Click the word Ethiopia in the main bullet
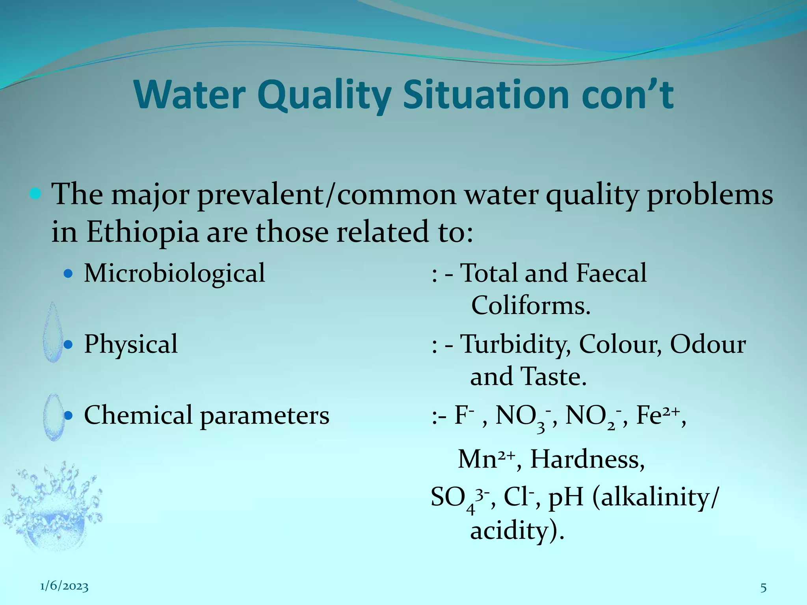point(142,232)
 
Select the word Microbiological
point(175,273)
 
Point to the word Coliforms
point(530,306)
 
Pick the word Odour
point(708,344)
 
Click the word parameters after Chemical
point(264,416)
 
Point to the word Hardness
point(587,459)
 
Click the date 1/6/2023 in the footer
point(64,586)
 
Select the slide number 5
point(763,588)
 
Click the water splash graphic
point(53,508)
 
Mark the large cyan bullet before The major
point(35,194)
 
